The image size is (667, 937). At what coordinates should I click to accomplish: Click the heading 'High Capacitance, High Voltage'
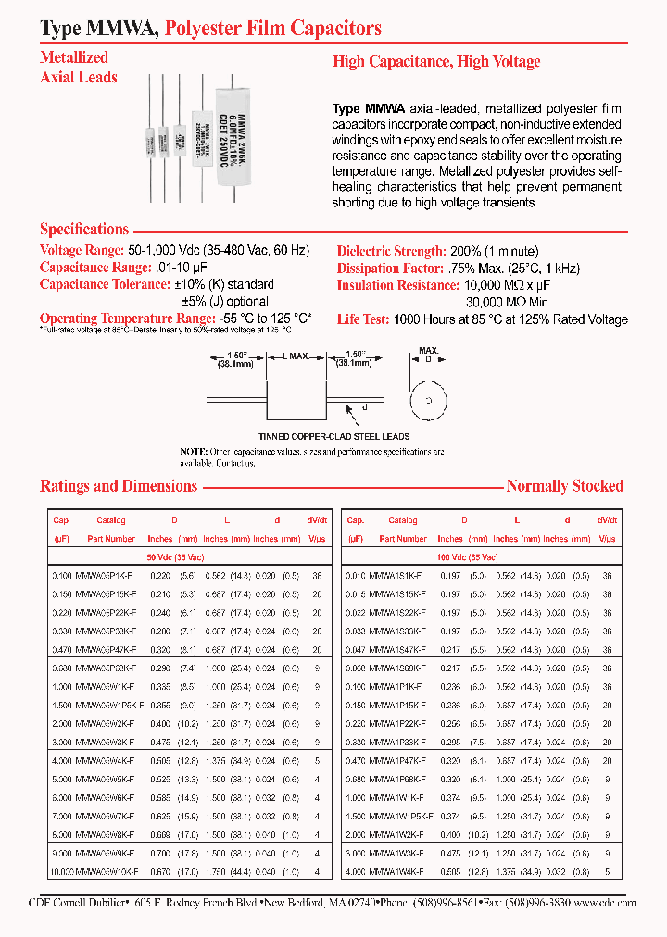(436, 62)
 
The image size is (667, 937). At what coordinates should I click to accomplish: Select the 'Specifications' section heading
(84, 230)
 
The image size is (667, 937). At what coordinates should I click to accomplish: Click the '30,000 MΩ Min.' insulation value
(508, 302)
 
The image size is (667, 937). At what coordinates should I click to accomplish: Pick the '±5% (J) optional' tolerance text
(225, 301)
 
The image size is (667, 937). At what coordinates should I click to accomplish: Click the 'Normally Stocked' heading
(564, 486)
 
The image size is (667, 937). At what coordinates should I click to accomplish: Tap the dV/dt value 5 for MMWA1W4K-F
(608, 870)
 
